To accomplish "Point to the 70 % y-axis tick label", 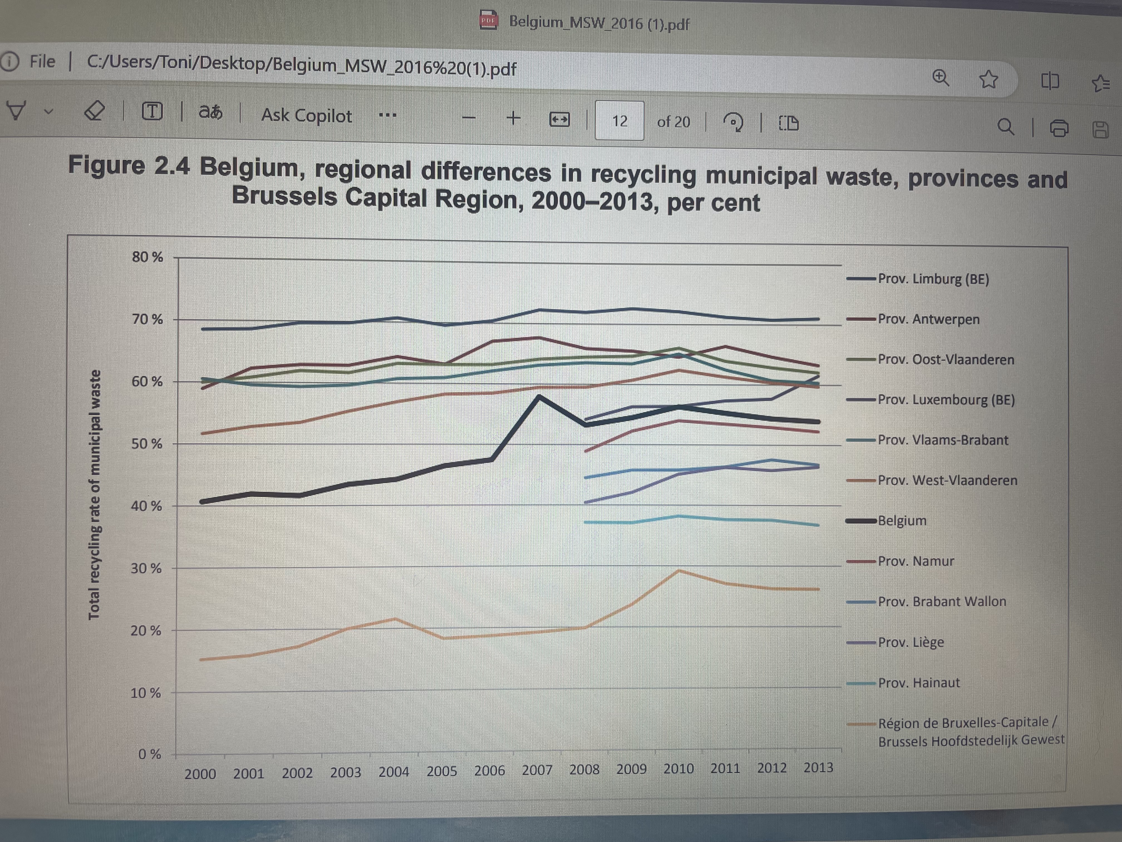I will [x=147, y=319].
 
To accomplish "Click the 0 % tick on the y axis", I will [x=150, y=754].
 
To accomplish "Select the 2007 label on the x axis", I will [x=537, y=770].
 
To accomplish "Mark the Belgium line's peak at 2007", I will [x=539, y=396].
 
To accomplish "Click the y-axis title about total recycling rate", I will [x=94, y=495].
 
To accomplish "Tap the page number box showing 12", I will [x=619, y=121].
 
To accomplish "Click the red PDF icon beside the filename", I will [x=488, y=20].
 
